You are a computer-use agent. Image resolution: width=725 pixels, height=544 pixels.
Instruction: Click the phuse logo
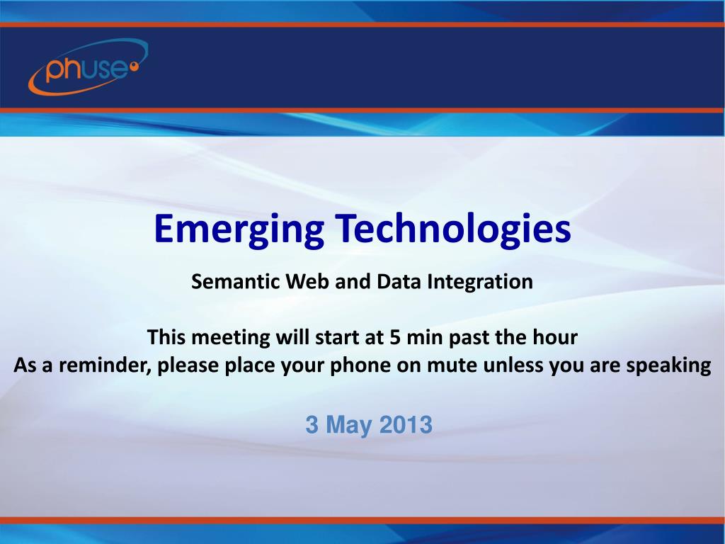click(87, 67)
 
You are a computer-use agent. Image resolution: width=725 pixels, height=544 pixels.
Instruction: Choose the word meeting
click(231, 338)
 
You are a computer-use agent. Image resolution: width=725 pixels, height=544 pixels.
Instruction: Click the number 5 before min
click(394, 338)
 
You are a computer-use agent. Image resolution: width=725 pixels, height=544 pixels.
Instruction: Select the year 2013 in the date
click(405, 425)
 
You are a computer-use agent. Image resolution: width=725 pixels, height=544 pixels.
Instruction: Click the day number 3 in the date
click(312, 425)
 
